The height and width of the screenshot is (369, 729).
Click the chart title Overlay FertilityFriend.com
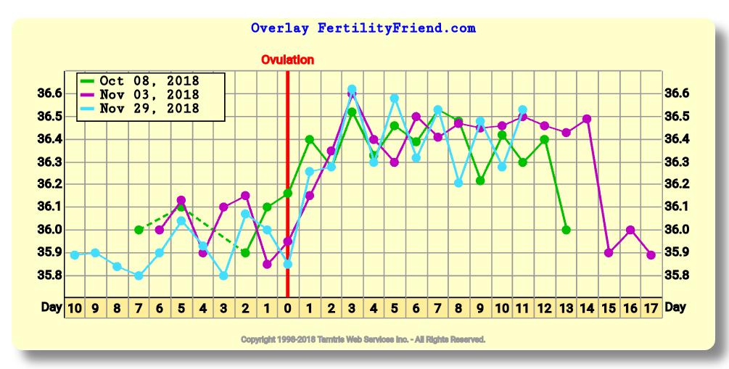coord(363,29)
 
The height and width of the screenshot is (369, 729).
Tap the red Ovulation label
coord(287,59)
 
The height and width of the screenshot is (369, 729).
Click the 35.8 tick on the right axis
coord(676,275)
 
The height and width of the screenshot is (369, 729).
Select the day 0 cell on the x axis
coord(288,307)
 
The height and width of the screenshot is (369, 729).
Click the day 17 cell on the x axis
coord(651,307)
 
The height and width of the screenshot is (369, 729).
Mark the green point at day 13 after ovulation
coord(566,230)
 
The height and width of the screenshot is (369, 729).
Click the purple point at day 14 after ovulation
coord(587,119)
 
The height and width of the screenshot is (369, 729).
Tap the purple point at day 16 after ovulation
coord(630,230)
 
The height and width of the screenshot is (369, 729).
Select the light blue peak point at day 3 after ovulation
coord(352,89)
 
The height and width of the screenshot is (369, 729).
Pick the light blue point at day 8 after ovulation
coord(458,183)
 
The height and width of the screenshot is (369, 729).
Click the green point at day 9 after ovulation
coord(480,181)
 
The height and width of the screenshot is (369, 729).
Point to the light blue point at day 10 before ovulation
coord(75,254)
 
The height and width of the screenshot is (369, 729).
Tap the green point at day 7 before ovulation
coord(139,230)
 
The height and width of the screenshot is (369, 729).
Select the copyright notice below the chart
coord(363,339)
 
